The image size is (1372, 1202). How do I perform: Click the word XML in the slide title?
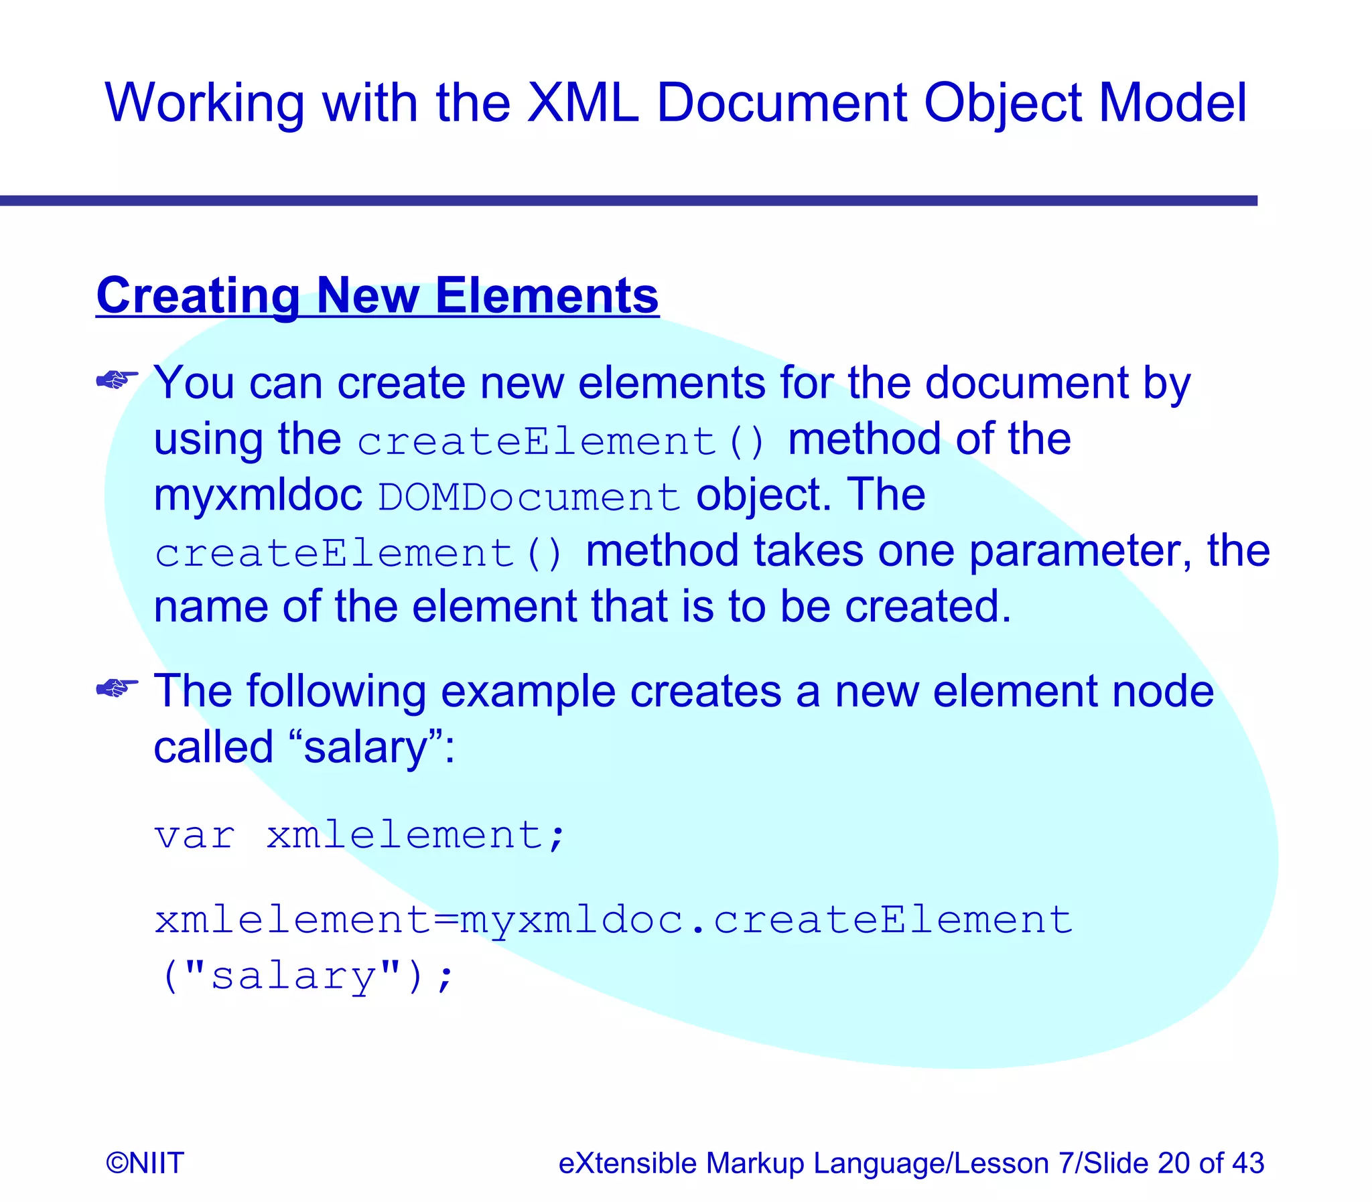click(583, 102)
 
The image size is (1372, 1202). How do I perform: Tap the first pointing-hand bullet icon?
click(117, 380)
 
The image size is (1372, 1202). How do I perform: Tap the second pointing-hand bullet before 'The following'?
click(117, 688)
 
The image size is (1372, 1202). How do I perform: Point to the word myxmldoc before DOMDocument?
click(259, 496)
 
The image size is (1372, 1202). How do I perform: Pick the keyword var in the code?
click(194, 836)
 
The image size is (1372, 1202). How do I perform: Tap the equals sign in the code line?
click(445, 920)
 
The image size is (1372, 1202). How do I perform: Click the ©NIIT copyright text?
click(145, 1163)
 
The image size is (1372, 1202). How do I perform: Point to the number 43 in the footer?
click(1247, 1163)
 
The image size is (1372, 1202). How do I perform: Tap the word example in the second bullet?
click(527, 692)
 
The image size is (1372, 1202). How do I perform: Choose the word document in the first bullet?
click(1026, 384)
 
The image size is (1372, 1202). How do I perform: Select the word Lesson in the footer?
click(1001, 1163)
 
